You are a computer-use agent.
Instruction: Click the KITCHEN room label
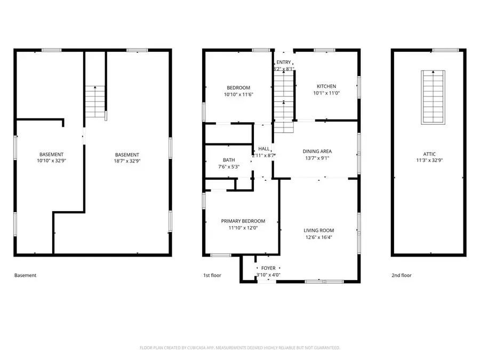[x=326, y=86]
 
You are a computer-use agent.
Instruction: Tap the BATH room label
[x=229, y=159]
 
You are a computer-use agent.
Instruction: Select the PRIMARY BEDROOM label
[x=243, y=221]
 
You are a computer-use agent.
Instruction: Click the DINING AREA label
[x=318, y=151]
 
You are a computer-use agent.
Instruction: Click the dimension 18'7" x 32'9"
[x=127, y=161]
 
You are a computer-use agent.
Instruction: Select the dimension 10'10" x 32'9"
[x=50, y=161]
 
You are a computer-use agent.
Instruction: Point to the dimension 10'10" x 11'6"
[x=238, y=94]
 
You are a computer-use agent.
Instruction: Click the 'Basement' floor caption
[x=25, y=276]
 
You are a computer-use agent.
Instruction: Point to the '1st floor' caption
[x=212, y=276]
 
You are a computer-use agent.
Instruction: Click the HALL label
[x=263, y=149]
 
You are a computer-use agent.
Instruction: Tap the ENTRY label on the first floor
[x=284, y=62]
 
